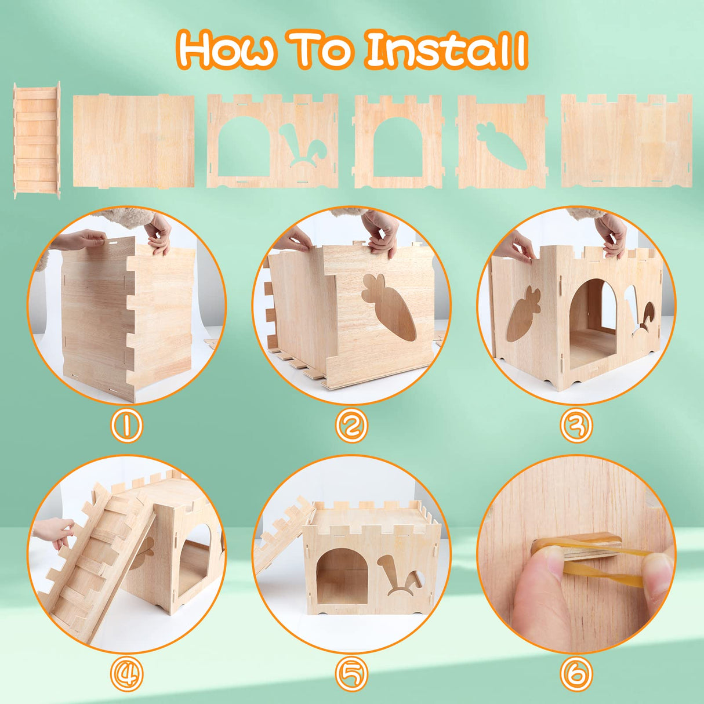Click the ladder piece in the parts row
[37, 140]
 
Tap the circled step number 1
[126, 427]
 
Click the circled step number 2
[351, 427]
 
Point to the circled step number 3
[576, 427]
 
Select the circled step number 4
[126, 675]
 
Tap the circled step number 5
[351, 675]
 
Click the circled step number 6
[576, 675]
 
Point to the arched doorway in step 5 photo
[342, 574]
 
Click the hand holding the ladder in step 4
[55, 531]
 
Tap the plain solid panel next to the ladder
[133, 141]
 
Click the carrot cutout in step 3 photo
[523, 313]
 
